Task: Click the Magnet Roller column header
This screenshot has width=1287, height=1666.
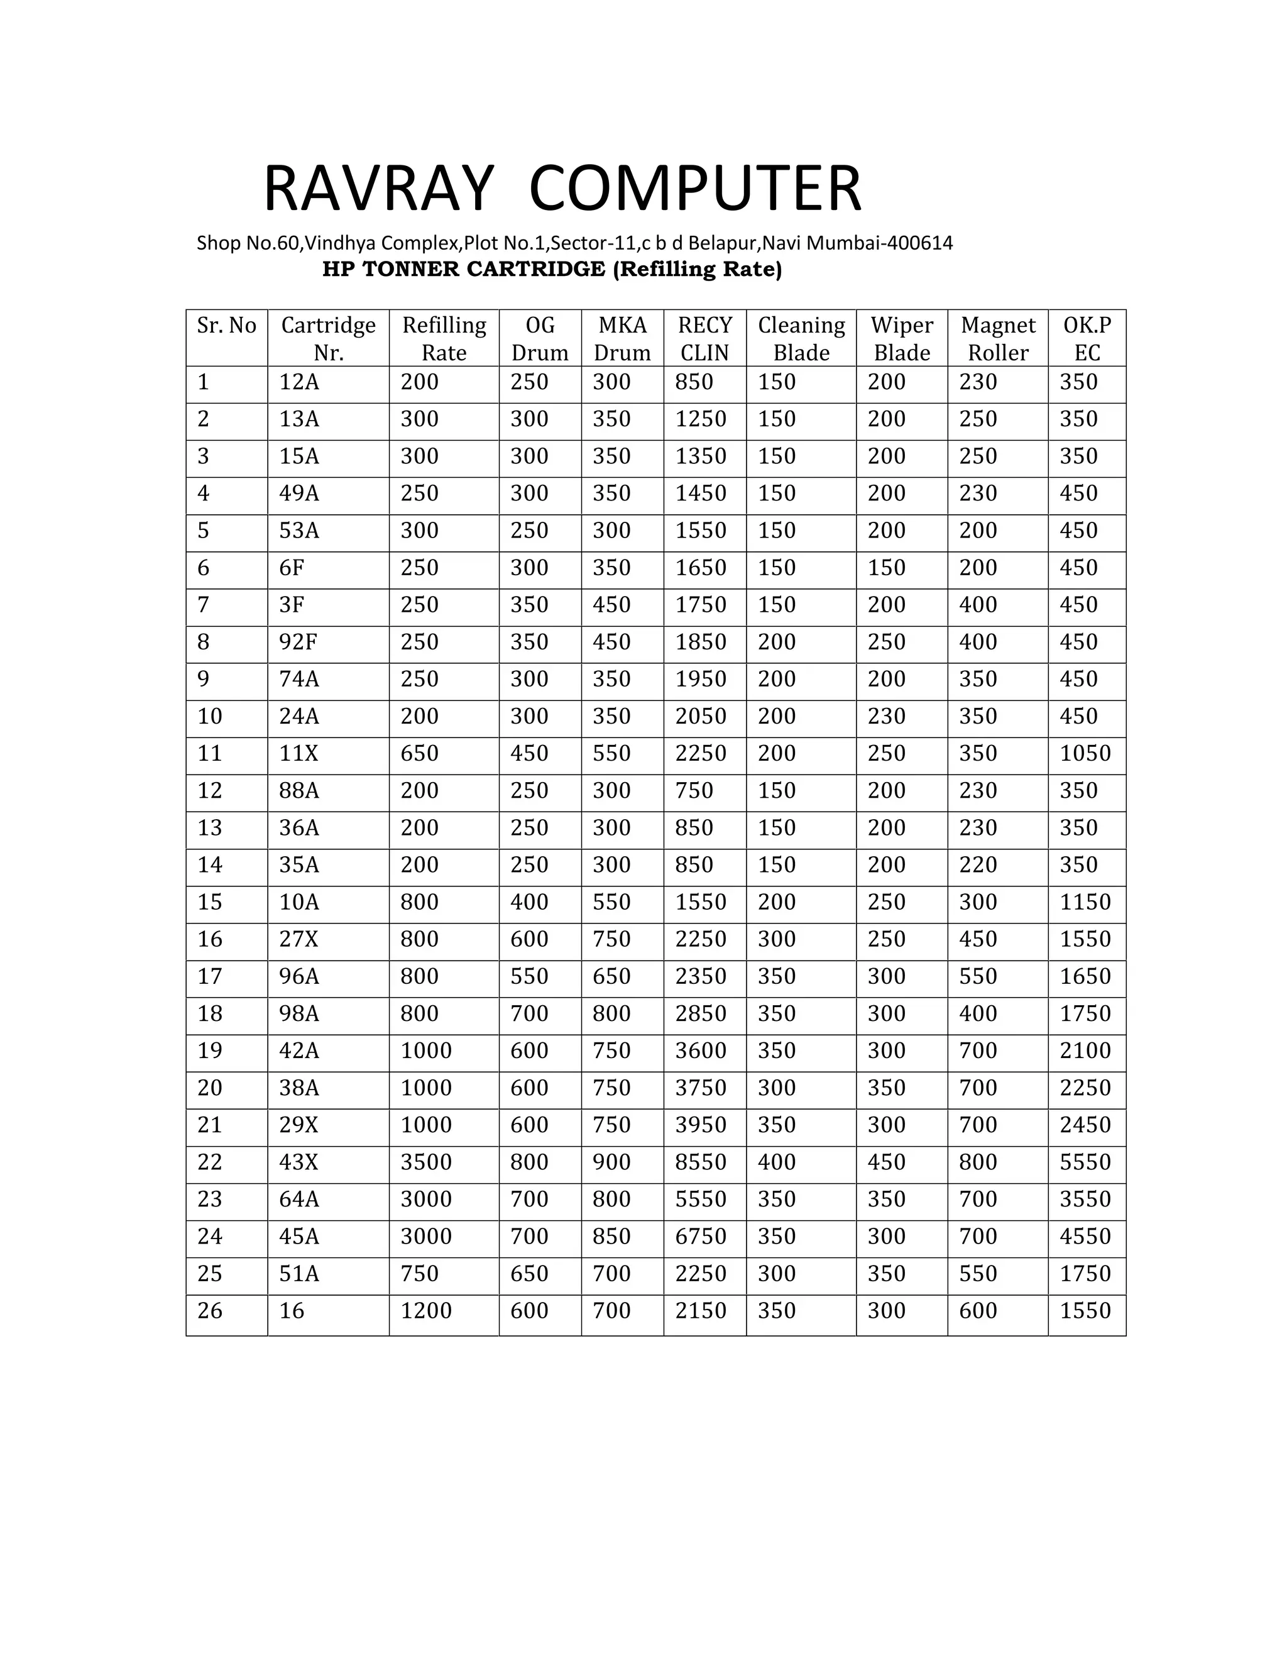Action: [x=997, y=339]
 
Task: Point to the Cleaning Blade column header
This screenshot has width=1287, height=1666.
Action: [x=801, y=339]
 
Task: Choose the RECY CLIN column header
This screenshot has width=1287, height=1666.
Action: [x=704, y=339]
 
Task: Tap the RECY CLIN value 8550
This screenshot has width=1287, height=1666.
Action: [x=701, y=1162]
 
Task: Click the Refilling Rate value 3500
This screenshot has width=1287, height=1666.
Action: [x=426, y=1162]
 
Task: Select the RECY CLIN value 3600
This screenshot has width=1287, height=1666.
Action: [x=701, y=1051]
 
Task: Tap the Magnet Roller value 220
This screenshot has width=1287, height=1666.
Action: [x=978, y=865]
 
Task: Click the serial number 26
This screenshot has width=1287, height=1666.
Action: [x=210, y=1311]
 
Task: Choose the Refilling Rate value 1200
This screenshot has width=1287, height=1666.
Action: [x=426, y=1311]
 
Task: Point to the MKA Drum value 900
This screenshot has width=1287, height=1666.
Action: [x=611, y=1162]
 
